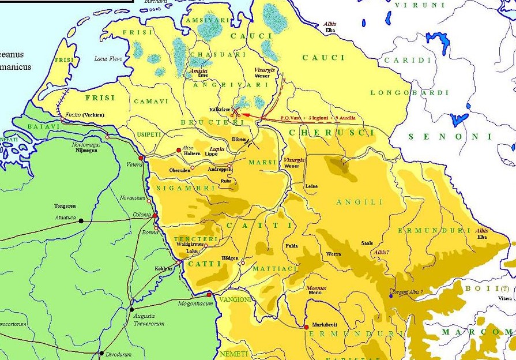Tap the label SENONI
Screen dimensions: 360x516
click(x=450, y=137)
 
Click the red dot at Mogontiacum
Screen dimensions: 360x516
click(x=210, y=295)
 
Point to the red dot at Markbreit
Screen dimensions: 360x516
click(x=306, y=327)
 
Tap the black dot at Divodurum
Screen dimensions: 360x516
click(x=102, y=352)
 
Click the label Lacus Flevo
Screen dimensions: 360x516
click(x=108, y=58)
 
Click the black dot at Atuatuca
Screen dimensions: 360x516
click(x=81, y=220)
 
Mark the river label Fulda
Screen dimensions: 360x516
click(x=291, y=246)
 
